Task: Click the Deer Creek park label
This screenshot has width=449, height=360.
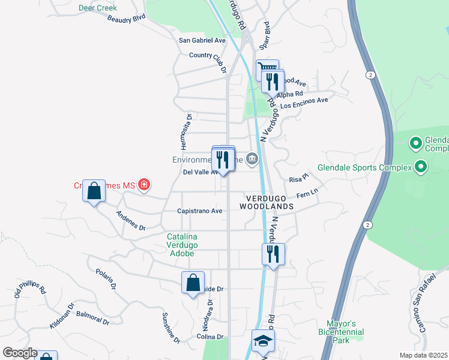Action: coord(97,8)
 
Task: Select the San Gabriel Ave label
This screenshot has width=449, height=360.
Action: coord(202,40)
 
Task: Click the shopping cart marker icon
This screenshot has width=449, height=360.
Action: coord(266,69)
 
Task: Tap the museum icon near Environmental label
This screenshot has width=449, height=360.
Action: coord(252,160)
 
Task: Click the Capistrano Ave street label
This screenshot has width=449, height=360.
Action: coord(200,211)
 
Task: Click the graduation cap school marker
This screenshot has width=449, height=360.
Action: coord(262,341)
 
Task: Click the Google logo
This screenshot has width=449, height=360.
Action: coord(20,353)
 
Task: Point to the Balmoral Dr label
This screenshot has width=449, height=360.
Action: coord(92,317)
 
